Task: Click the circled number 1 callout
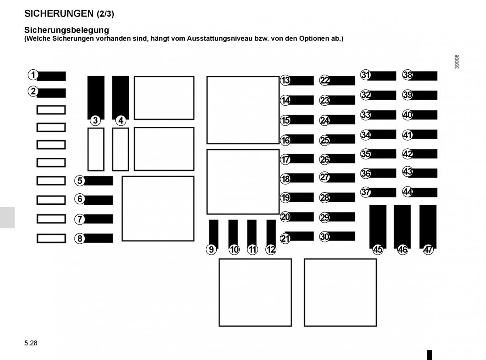point(33,75)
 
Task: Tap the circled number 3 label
point(95,120)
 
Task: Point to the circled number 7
point(79,219)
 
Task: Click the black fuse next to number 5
point(98,181)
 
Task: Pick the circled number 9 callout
point(211,249)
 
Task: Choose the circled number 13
point(285,80)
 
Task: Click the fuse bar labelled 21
point(299,236)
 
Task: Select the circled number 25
point(324,140)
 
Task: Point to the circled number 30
point(324,237)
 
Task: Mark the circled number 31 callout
point(365,75)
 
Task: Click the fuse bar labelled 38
point(423,76)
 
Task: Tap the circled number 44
point(407,192)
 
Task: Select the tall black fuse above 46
point(402,226)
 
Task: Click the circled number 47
point(428,249)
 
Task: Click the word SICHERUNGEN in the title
point(59,14)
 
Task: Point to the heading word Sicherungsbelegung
point(66,30)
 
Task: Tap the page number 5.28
point(31,343)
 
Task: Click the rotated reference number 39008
point(457,62)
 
